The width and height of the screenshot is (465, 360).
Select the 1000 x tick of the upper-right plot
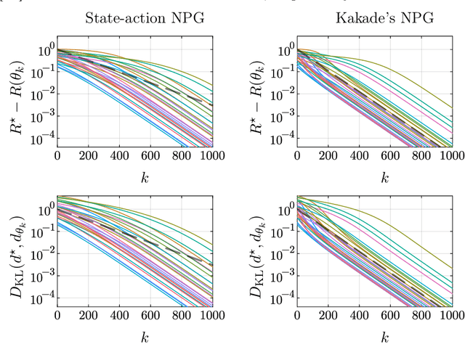coord(451,155)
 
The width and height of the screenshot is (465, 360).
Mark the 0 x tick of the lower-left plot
coord(57,314)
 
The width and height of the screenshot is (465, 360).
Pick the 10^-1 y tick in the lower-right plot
coord(280,231)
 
